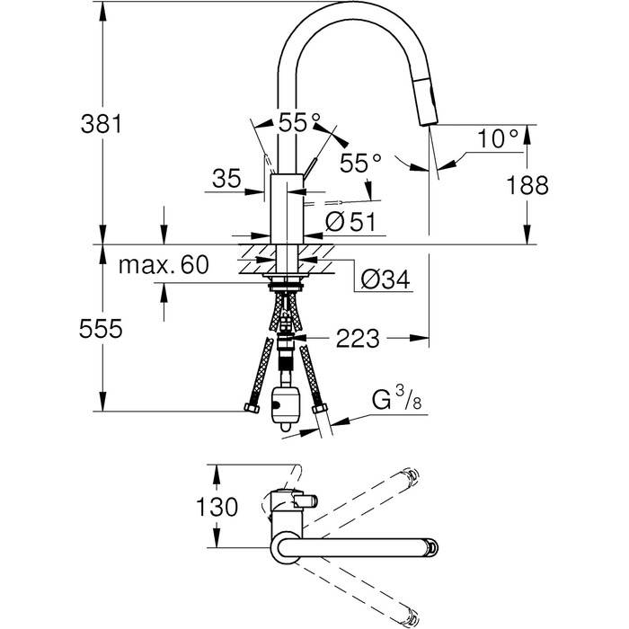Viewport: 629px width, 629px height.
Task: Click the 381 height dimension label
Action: pyautogui.click(x=101, y=124)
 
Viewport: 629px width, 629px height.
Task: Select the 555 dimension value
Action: pyautogui.click(x=101, y=329)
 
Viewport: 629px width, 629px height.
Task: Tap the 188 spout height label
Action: pyautogui.click(x=527, y=185)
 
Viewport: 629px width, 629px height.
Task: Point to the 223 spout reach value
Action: pyautogui.click(x=357, y=339)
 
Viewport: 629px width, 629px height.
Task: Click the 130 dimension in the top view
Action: pyautogui.click(x=217, y=507)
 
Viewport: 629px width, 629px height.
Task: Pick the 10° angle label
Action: pyautogui.click(x=498, y=138)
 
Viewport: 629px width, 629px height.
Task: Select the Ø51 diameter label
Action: pyautogui.click(x=350, y=222)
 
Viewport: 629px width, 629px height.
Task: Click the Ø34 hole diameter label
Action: pyautogui.click(x=385, y=279)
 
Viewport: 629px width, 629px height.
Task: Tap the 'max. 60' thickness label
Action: pyautogui.click(x=164, y=265)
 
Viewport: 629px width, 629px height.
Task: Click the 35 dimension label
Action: pyautogui.click(x=226, y=178)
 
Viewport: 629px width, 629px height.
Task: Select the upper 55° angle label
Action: pyautogui.click(x=299, y=122)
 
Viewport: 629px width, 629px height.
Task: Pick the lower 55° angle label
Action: pyautogui.click(x=360, y=163)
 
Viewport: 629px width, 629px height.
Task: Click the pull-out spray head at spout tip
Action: pyautogui.click(x=430, y=102)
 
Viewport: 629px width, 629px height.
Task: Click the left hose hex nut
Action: pyautogui.click(x=252, y=408)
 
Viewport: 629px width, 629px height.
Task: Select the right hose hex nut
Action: pyautogui.click(x=318, y=409)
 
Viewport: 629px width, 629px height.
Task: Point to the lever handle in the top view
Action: pyautogui.click(x=306, y=501)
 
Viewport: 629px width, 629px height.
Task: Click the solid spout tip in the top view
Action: pyautogui.click(x=433, y=547)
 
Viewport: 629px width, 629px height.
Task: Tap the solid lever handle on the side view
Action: pyautogui.click(x=309, y=168)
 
